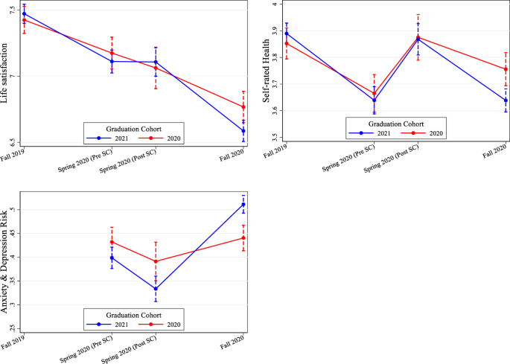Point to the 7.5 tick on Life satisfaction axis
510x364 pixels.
pos(15,10)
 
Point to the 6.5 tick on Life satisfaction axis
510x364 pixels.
pos(15,141)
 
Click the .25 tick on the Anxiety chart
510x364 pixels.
pos(15,328)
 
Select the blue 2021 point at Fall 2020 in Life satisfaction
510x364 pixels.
pos(243,131)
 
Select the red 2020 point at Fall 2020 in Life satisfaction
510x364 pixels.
pos(243,107)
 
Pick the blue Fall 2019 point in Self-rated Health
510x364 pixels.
pos(287,33)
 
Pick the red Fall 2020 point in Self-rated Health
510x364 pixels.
pos(506,69)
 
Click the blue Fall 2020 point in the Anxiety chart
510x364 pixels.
pos(243,205)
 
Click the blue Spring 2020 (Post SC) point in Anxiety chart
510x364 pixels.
pos(156,289)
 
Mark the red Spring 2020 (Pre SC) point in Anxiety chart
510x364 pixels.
pos(112,242)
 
